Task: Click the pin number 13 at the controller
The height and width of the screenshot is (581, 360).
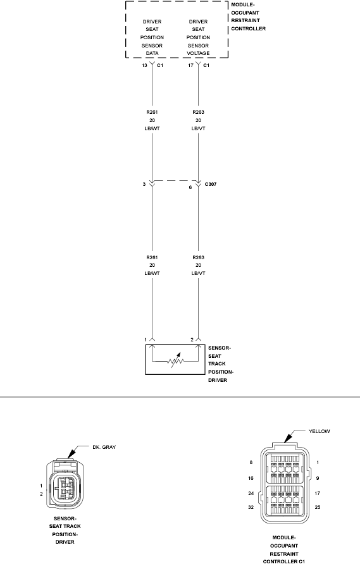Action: [x=145, y=64]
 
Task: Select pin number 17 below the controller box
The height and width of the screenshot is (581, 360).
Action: [x=190, y=64]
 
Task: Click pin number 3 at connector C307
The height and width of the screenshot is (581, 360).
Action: [x=144, y=185]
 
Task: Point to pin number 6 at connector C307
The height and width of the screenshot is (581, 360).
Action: [x=190, y=188]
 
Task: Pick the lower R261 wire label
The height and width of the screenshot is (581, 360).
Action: [x=152, y=258]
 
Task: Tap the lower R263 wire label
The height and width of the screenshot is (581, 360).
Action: [x=198, y=258]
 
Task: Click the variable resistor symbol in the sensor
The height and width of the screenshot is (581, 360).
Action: [x=175, y=363]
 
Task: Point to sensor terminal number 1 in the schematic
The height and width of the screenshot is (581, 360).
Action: [x=145, y=340]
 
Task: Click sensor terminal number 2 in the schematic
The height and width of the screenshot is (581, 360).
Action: [x=191, y=340]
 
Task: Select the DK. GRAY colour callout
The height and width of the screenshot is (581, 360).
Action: [x=103, y=447]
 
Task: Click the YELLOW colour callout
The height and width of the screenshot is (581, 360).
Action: [x=319, y=431]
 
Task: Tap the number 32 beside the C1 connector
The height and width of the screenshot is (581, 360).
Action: [x=252, y=508]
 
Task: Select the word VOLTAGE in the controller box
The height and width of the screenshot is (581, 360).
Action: [x=198, y=54]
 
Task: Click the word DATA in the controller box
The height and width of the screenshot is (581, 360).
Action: [x=152, y=54]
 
